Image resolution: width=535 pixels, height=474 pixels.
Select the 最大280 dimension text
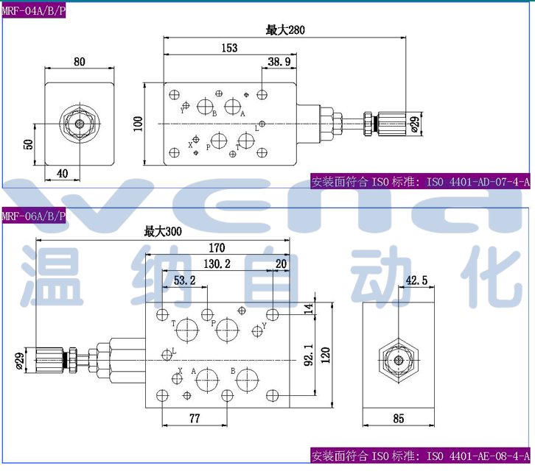pyautogui.click(x=285, y=30)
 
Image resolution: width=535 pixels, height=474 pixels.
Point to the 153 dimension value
pyautogui.click(x=228, y=48)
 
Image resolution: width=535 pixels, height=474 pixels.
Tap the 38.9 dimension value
pyautogui.click(x=279, y=63)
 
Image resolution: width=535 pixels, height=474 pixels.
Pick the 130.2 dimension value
pyautogui.click(x=217, y=263)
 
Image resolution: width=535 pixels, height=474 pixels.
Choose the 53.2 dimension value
pyautogui.click(x=184, y=280)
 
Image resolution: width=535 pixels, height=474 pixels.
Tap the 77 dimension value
pyautogui.click(x=195, y=419)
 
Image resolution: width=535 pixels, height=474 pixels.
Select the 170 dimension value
pyautogui.click(x=216, y=247)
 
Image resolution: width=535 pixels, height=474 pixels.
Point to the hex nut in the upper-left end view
pyautogui.click(x=79, y=124)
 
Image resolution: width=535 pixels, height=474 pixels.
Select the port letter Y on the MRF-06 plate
pyautogui.click(x=263, y=325)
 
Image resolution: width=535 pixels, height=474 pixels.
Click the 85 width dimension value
pyautogui.click(x=399, y=419)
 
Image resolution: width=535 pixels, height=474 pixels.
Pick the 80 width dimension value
pyautogui.click(x=79, y=63)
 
